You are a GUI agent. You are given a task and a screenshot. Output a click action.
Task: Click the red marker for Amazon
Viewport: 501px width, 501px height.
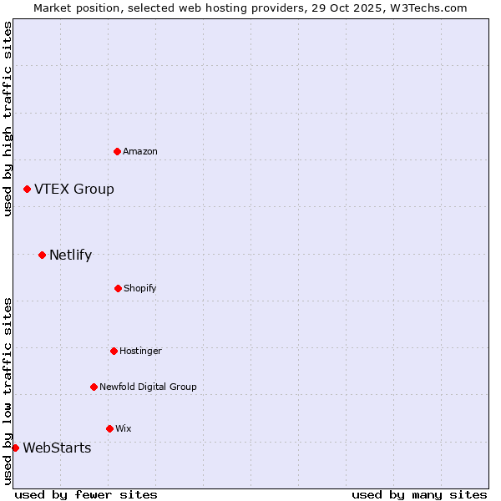117,151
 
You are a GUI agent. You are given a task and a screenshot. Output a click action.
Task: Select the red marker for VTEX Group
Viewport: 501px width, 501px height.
27,190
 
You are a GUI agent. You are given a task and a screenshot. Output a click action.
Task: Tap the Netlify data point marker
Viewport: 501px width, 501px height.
42,255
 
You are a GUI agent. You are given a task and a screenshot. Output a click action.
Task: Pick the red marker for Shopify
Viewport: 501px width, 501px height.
118,288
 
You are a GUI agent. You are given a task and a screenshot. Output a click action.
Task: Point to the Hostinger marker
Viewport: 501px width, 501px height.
114,351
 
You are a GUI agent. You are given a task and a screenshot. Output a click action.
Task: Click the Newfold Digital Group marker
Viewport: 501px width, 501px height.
94,387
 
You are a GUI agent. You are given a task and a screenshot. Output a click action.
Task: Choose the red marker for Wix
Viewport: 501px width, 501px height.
109,428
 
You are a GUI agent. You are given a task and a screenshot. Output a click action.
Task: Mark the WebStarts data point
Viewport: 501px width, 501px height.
15,448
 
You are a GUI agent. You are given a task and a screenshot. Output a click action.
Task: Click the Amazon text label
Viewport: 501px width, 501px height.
140,151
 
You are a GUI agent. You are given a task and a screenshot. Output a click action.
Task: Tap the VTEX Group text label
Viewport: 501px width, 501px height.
74,190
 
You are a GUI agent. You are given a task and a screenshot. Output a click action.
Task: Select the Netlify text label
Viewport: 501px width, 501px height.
70,256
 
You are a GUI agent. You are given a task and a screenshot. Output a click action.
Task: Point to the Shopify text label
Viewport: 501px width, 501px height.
140,288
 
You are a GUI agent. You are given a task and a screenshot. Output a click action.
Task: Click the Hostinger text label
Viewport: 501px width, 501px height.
140,351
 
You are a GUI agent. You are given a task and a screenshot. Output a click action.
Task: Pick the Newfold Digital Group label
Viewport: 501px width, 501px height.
148,387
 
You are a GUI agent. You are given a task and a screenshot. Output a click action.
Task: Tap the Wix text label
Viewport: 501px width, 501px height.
124,428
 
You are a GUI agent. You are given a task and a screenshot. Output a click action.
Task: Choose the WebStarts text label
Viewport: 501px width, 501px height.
57,448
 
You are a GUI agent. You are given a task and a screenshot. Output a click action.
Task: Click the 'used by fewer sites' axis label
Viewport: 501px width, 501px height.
86,494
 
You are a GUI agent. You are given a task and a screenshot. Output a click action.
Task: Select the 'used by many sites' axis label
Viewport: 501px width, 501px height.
419,494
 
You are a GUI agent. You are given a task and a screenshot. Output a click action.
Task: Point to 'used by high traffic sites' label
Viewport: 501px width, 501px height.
8,119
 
